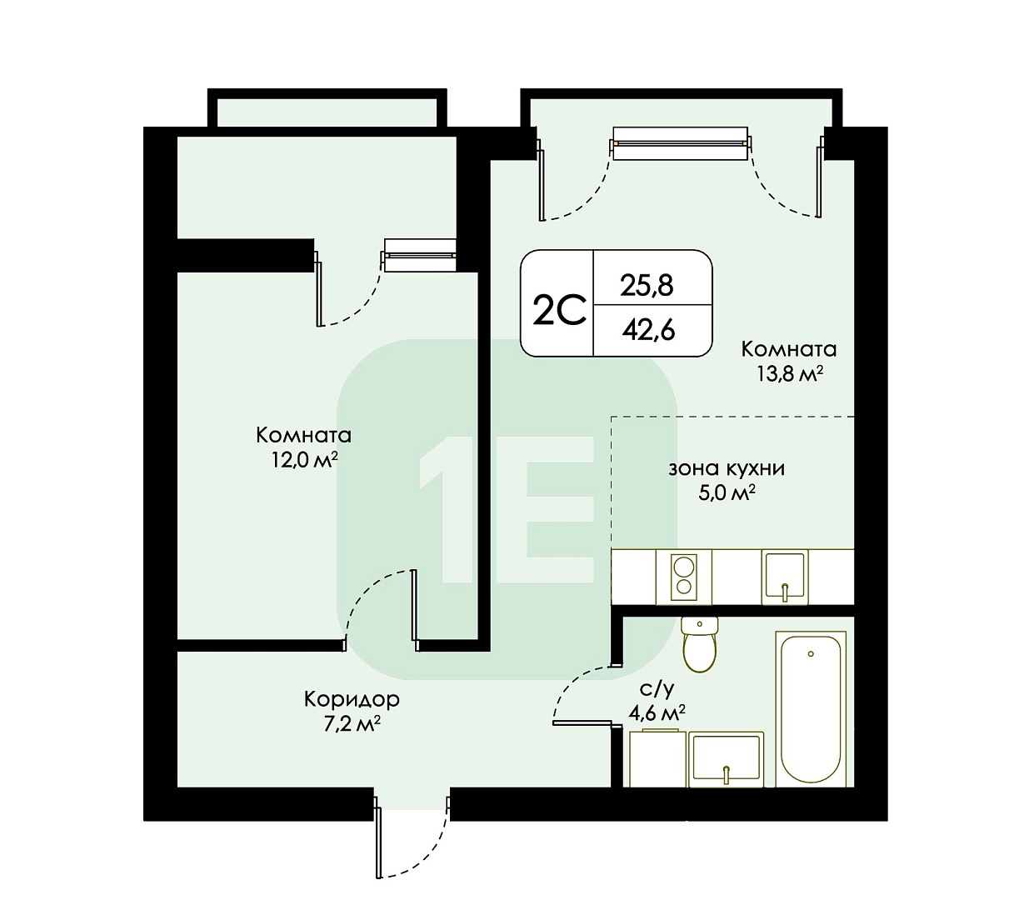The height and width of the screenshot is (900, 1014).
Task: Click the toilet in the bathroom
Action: pos(699,643)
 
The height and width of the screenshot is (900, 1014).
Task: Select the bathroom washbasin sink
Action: pos(726,759)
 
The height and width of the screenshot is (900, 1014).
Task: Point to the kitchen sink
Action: pos(784,577)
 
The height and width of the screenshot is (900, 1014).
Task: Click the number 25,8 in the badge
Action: pos(647,286)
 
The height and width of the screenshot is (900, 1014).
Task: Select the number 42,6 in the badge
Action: pos(648,330)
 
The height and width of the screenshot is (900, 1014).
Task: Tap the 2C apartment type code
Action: pos(558,310)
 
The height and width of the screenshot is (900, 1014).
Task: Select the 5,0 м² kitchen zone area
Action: pos(727,493)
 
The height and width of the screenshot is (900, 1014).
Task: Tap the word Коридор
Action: pos(352,699)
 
